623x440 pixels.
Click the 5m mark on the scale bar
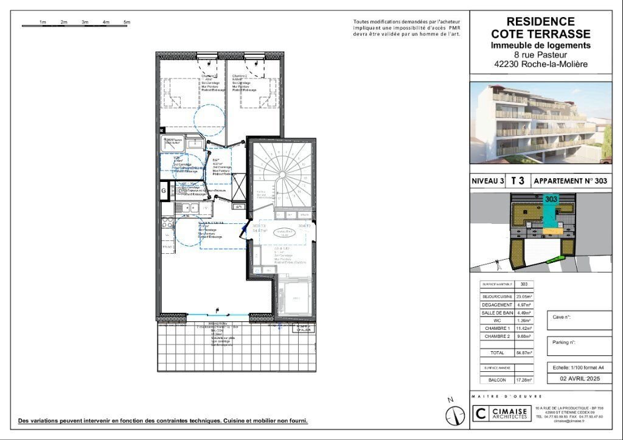pyautogui.click(x=127, y=22)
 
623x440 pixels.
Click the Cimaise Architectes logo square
pyautogui.click(x=481, y=414)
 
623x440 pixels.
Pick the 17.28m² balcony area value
pyautogui.click(x=524, y=380)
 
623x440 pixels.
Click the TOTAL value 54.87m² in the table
pyautogui.click(x=524, y=352)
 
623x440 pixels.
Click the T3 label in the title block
pyautogui.click(x=518, y=181)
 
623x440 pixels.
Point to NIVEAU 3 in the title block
pyautogui.click(x=488, y=181)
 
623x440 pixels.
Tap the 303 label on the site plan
pyautogui.click(x=551, y=199)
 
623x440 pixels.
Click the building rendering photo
pyautogui.click(x=541, y=123)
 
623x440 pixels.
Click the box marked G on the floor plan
pyautogui.click(x=164, y=191)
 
